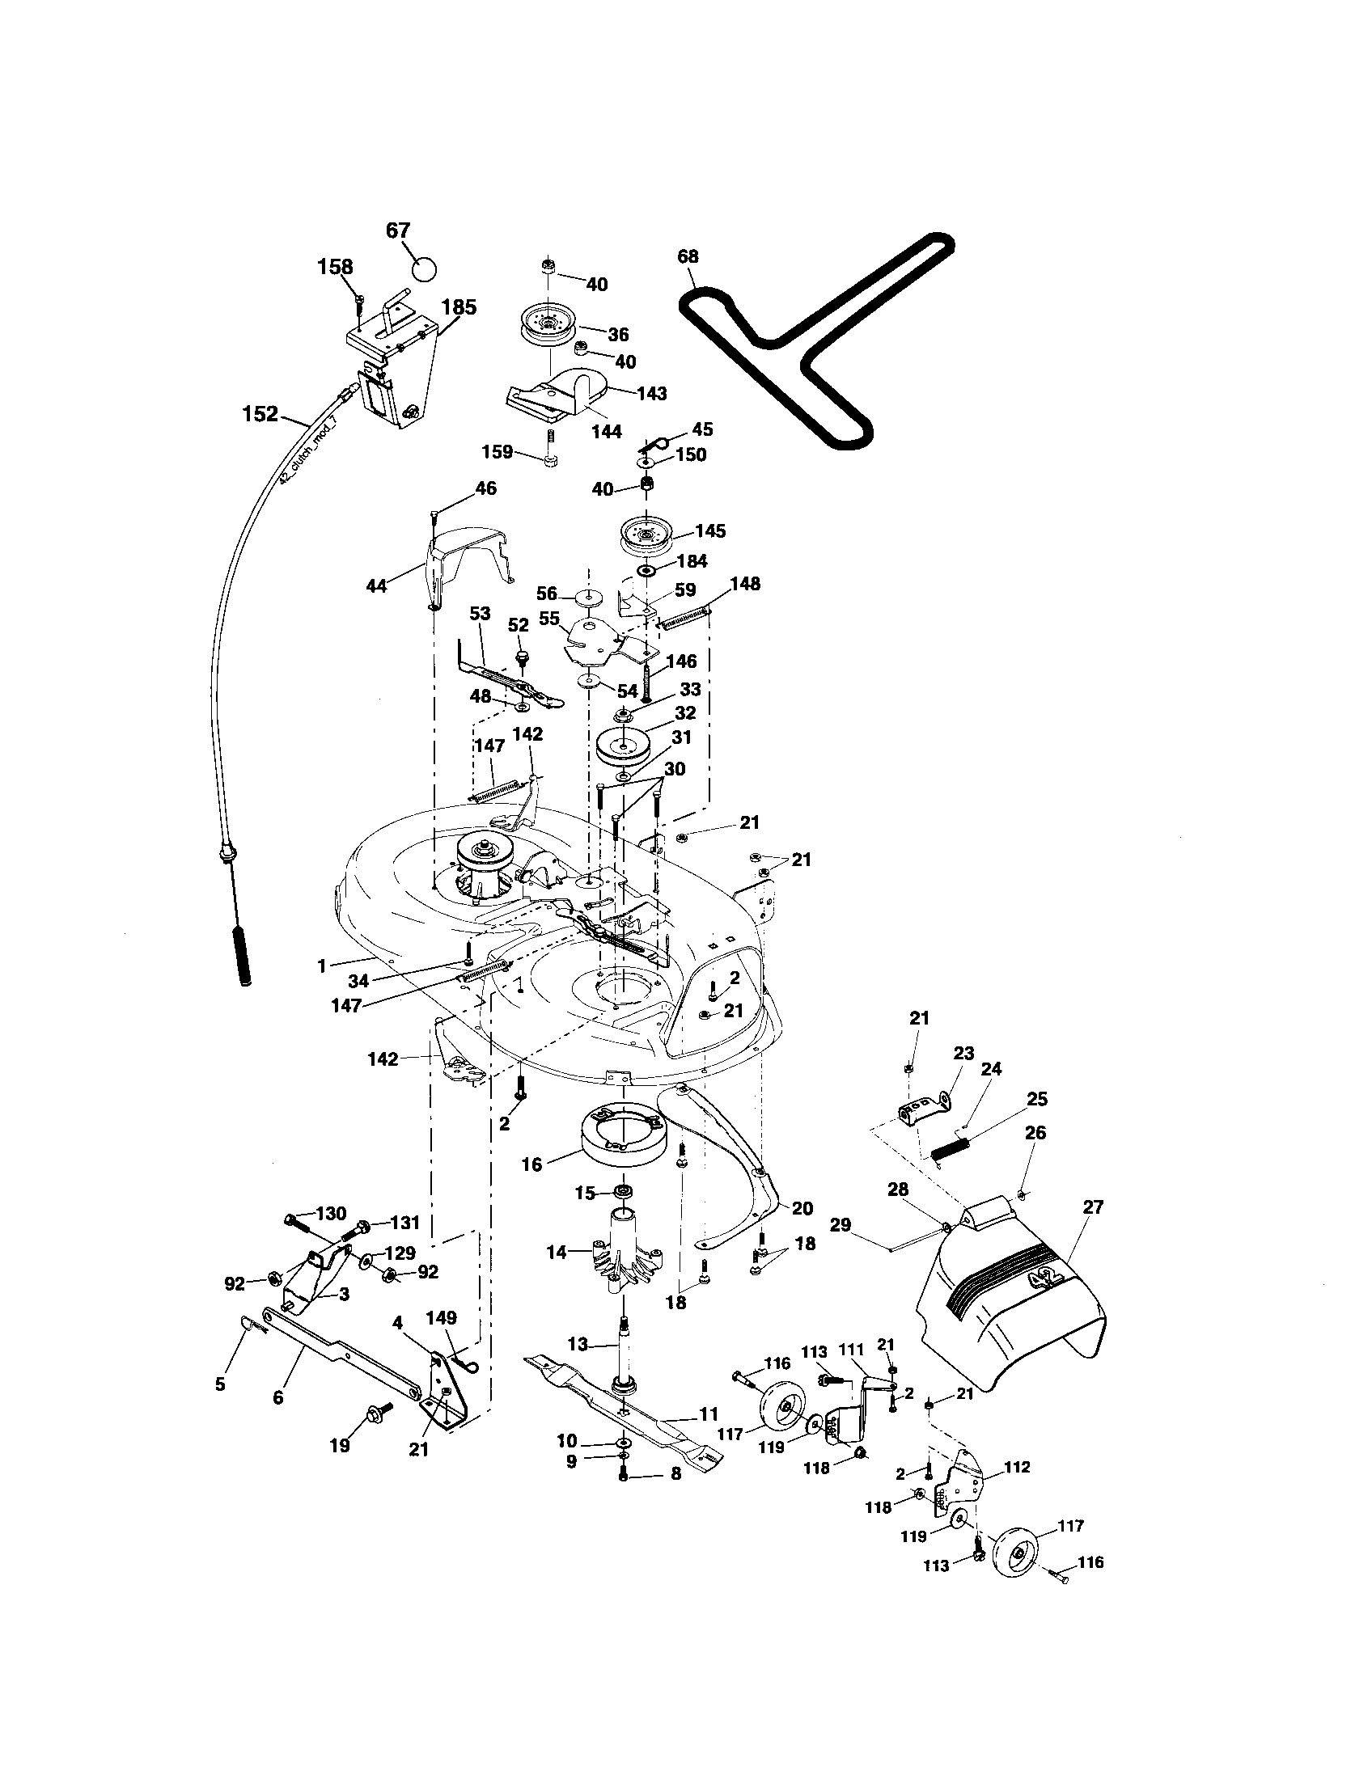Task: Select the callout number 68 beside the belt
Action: click(688, 256)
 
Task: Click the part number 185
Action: click(459, 308)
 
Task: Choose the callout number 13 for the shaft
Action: click(578, 1342)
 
